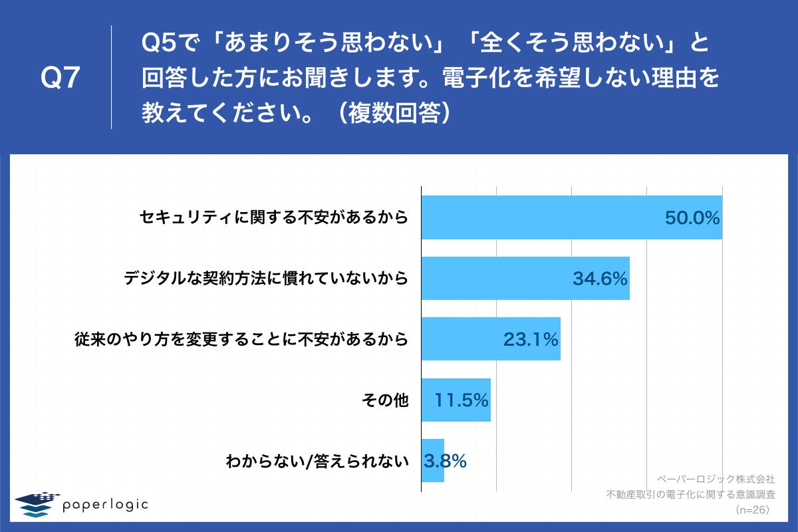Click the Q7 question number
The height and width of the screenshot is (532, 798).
[61, 78]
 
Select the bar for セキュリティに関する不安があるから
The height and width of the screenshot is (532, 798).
[532, 217]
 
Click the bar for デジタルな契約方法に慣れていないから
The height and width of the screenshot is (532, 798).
[492, 279]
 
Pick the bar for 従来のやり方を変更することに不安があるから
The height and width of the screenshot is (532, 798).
[459, 339]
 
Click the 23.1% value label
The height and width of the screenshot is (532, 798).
[530, 340]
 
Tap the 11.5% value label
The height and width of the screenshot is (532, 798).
[462, 400]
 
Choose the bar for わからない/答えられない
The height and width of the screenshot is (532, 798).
[432, 460]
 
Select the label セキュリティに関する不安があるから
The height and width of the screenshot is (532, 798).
[273, 218]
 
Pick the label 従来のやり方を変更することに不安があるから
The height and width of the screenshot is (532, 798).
[240, 340]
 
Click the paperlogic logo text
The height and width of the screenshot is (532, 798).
[105, 504]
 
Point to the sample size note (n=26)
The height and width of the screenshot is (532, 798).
[752, 510]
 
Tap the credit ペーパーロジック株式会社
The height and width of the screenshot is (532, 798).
[716, 478]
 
